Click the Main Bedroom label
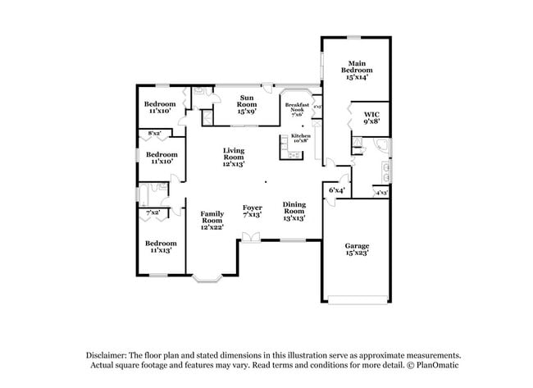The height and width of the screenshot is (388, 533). [x=356, y=69]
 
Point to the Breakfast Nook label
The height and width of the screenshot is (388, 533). [x=297, y=109]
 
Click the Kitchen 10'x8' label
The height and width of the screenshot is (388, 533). [x=298, y=137]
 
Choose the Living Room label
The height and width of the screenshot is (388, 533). [x=234, y=157]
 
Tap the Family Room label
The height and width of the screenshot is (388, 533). [x=212, y=220]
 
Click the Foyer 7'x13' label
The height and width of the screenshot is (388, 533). [x=253, y=211]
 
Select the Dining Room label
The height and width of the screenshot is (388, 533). [x=294, y=210]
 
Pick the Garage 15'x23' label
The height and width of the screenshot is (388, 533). [x=357, y=249]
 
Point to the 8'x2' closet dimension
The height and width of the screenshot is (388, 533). [x=154, y=133]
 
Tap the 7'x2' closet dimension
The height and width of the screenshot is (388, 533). [x=152, y=213]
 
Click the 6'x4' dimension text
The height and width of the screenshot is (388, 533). [x=337, y=190]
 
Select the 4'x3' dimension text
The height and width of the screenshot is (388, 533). [x=381, y=193]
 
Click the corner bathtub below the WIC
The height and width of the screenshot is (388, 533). [x=381, y=149]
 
